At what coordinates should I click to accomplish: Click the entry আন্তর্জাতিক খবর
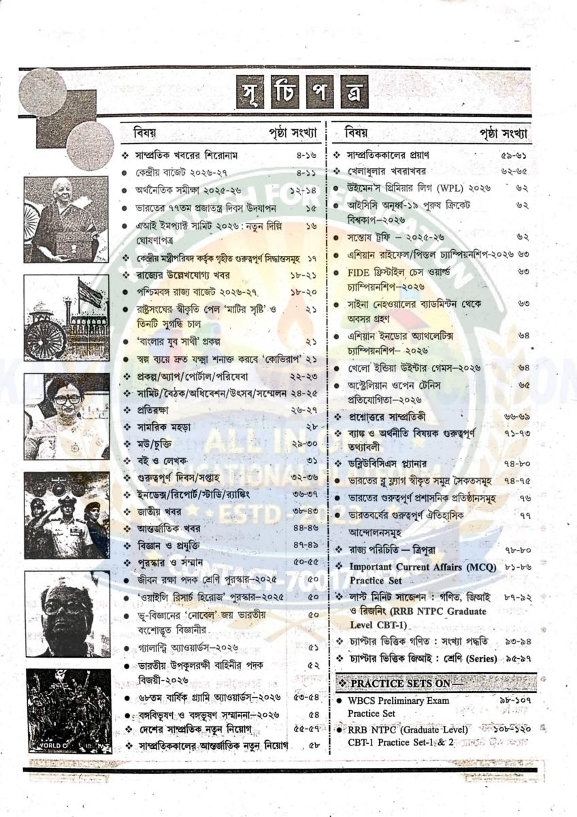163,528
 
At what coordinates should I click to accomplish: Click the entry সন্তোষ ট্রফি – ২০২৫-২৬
394,238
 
